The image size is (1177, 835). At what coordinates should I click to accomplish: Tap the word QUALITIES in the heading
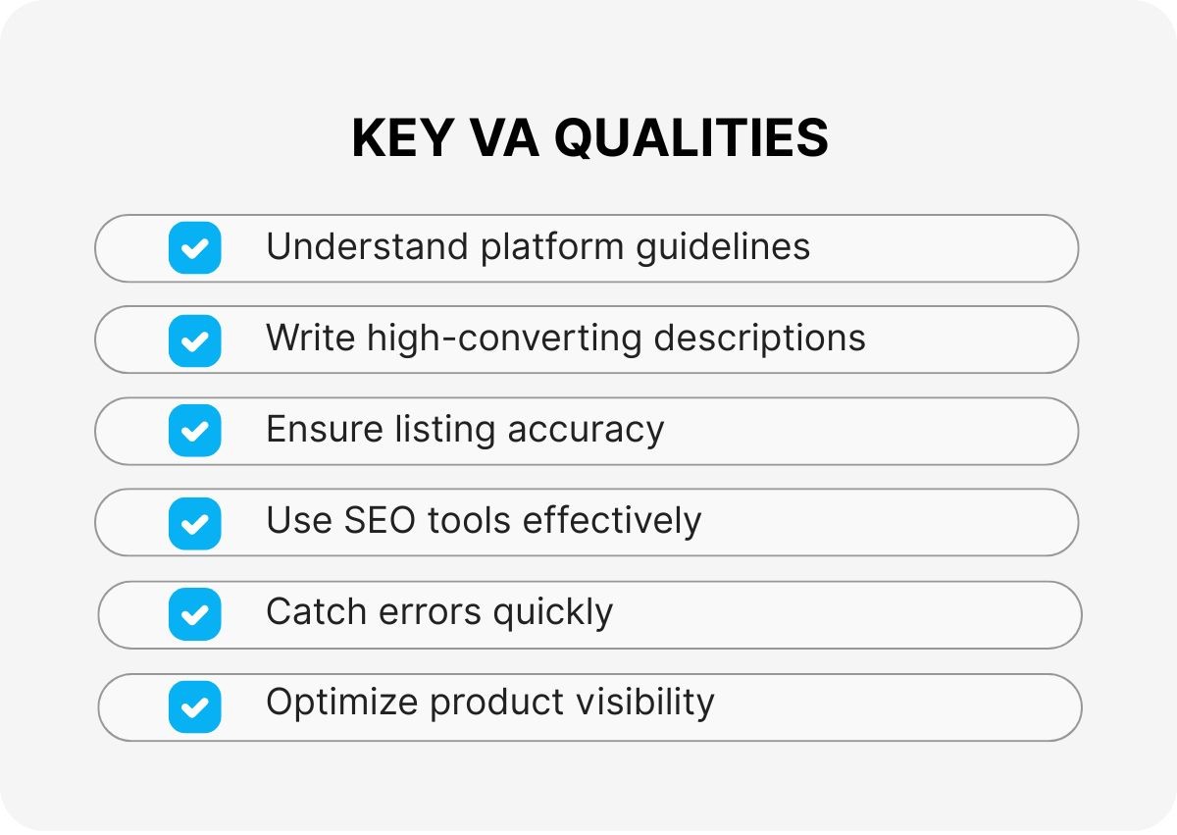(691, 138)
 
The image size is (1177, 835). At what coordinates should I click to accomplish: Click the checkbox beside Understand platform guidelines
(194, 247)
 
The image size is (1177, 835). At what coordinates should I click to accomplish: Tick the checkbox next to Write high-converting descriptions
(194, 339)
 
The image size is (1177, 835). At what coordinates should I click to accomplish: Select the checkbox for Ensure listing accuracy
(194, 431)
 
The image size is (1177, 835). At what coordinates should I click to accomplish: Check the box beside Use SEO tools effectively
(194, 523)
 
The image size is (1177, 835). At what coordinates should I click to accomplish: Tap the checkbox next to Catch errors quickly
(194, 614)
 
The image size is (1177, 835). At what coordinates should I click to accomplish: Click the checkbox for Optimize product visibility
(194, 706)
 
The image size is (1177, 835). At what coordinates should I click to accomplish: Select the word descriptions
(759, 339)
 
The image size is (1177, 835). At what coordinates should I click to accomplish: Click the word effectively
(612, 521)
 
